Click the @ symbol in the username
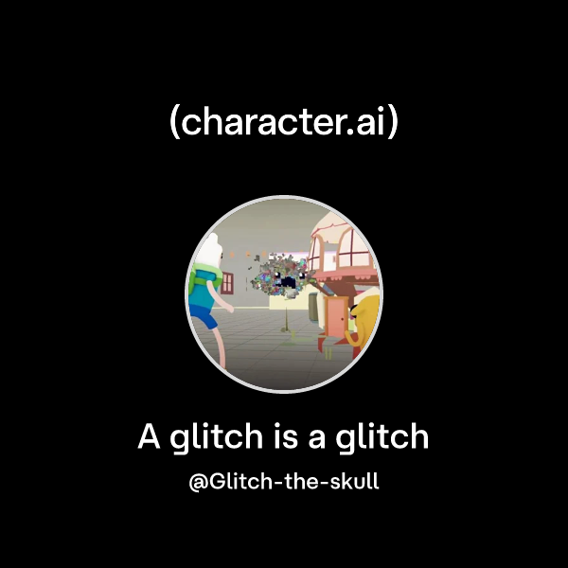(199, 481)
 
